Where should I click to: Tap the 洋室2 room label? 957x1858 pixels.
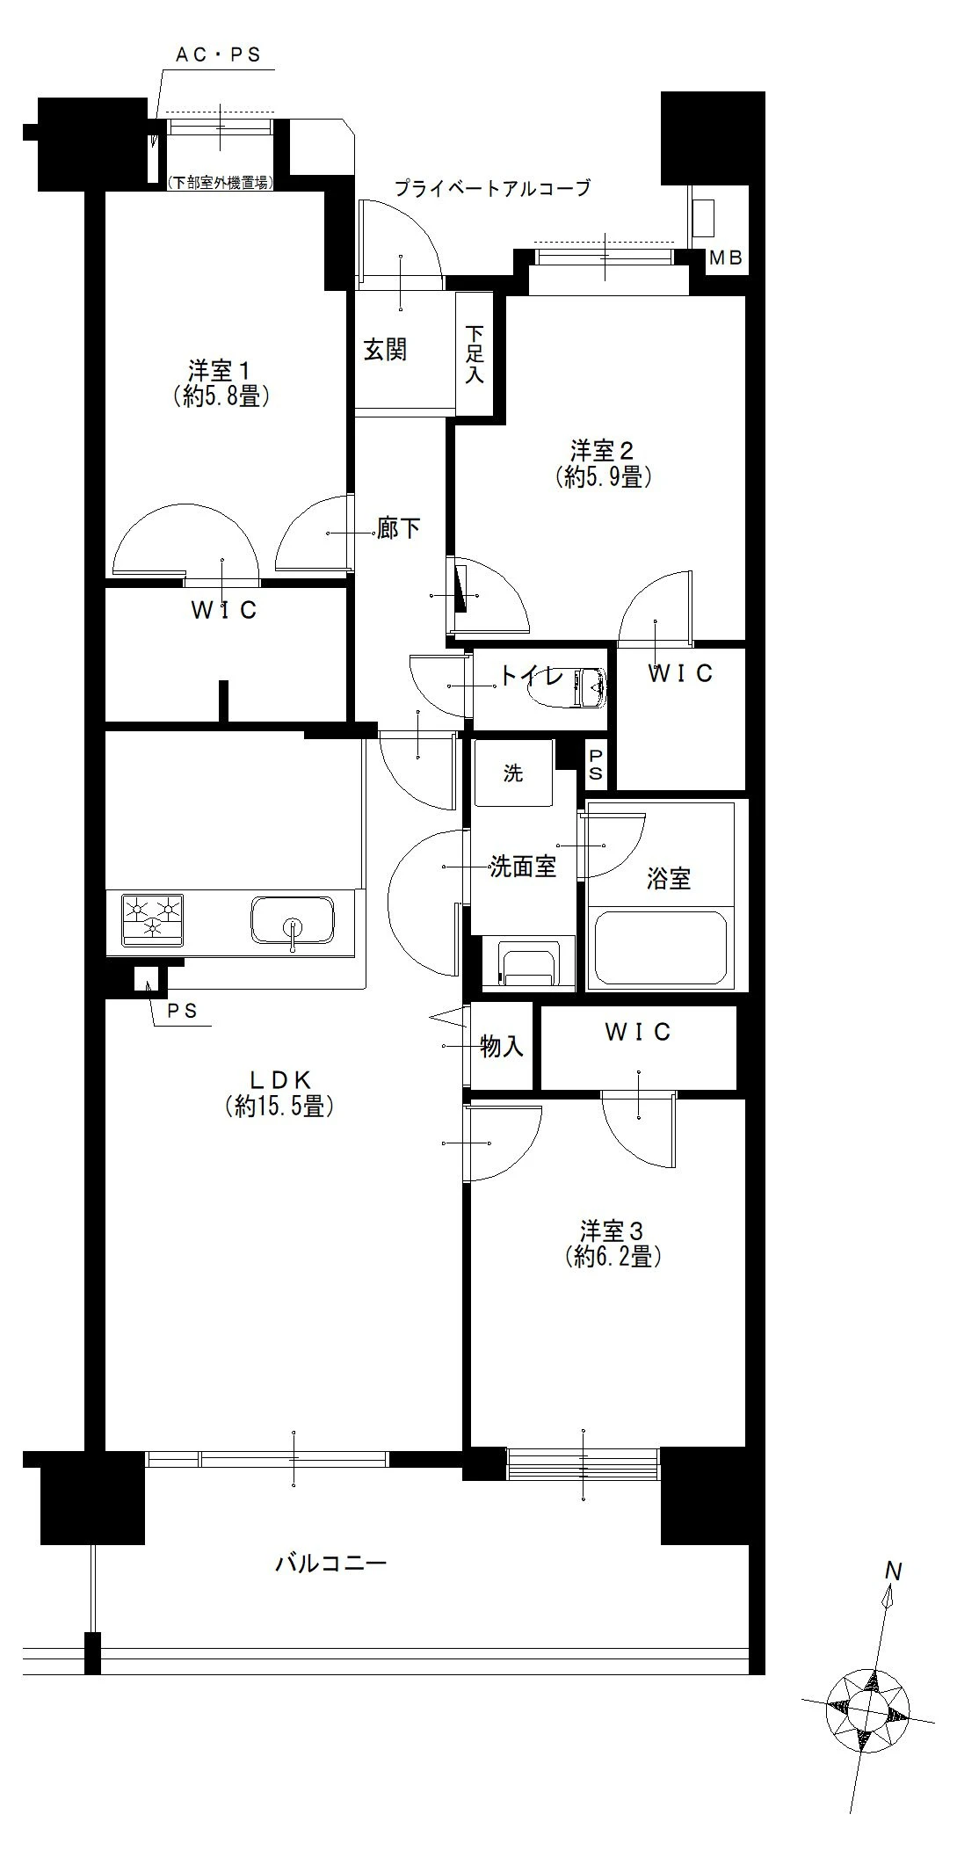602,452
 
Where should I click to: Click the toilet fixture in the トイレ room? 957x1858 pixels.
571,687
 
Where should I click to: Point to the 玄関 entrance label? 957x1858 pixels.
385,350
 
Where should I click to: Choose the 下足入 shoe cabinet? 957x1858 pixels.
475,354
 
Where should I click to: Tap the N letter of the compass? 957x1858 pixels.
894,1571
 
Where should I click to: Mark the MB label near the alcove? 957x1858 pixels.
726,258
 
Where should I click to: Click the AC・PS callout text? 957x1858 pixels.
219,54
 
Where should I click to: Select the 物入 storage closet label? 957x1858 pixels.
502,1046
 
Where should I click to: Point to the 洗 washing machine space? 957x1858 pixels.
513,773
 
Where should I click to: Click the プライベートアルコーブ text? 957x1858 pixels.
491,187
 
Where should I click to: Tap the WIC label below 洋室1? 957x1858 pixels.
224,610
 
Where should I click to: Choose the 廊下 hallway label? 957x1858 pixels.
398,529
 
